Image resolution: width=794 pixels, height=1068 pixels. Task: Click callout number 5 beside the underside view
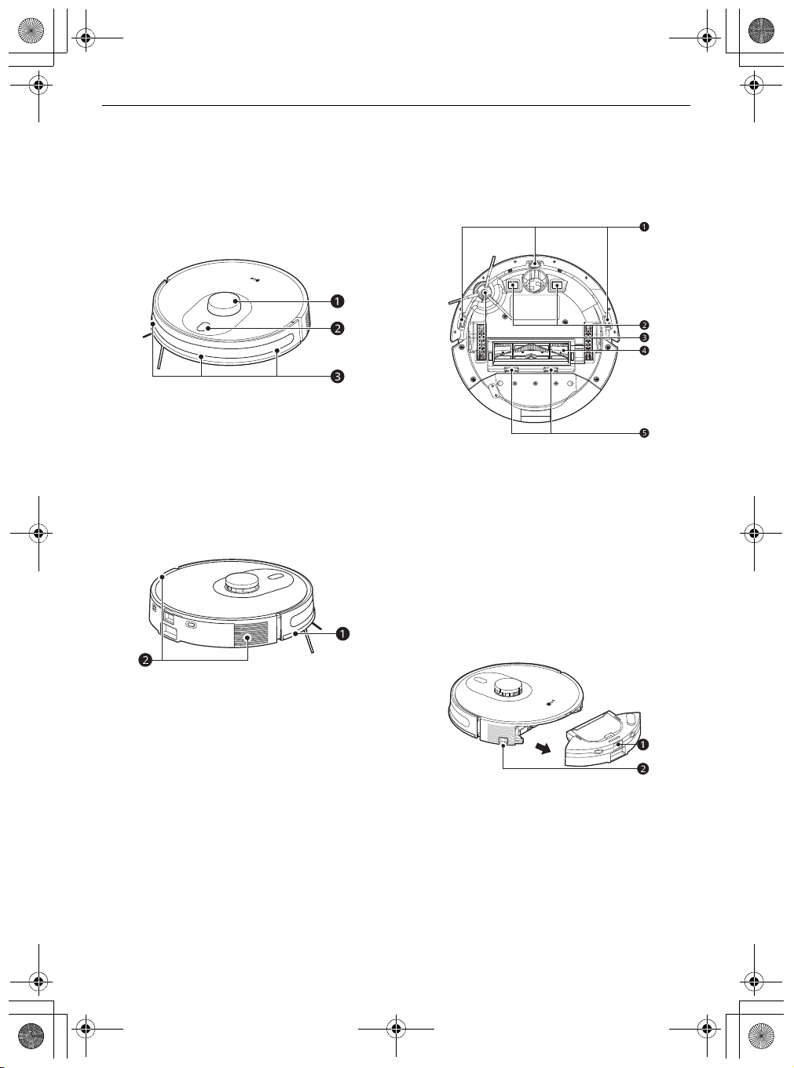643,433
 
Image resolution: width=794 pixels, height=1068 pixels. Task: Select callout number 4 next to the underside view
643,351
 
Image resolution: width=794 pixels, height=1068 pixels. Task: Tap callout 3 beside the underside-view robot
643,337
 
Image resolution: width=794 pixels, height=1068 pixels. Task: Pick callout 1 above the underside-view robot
643,226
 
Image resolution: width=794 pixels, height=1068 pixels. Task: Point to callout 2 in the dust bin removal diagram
642,768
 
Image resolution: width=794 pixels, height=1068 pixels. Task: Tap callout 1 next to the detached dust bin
642,745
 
